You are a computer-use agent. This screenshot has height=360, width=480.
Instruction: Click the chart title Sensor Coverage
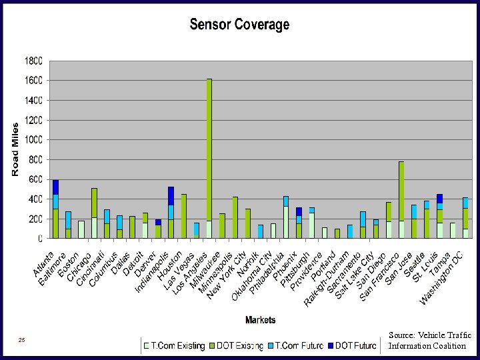[x=239, y=25]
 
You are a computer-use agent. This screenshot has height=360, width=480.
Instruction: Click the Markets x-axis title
[x=260, y=320]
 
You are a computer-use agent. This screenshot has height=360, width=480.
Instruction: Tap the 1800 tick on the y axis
[x=33, y=61]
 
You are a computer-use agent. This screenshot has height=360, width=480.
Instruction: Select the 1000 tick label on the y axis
[x=33, y=140]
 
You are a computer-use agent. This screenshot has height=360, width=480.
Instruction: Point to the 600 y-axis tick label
[x=35, y=179]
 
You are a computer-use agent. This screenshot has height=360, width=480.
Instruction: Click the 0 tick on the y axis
[x=40, y=238]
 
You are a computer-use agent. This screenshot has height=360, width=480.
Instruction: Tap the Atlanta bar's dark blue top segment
[x=56, y=187]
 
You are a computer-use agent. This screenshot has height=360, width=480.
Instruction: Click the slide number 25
[x=22, y=341]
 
